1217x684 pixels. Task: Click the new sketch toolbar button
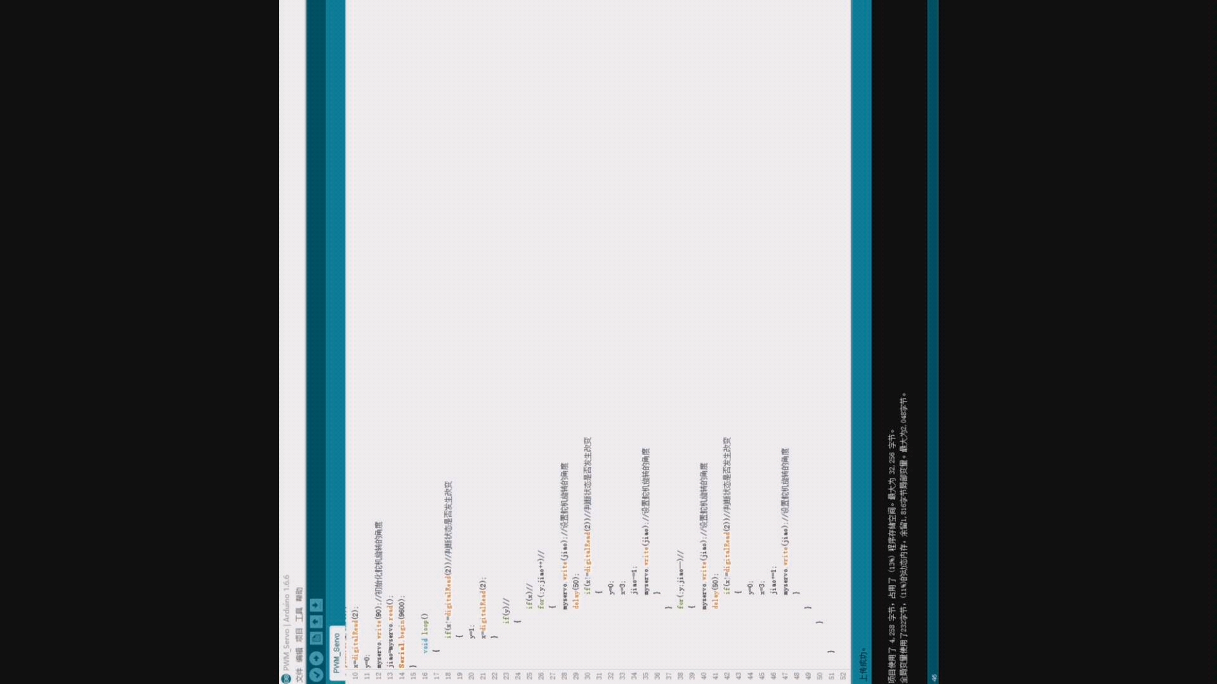[316, 638]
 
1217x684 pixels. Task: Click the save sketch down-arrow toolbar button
[316, 605]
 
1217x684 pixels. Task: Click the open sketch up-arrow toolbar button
[316, 621]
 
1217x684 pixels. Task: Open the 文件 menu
[299, 674]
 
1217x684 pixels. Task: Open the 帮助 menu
[299, 595]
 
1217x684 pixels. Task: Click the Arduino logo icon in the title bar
[286, 678]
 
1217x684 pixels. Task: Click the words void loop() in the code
[424, 633]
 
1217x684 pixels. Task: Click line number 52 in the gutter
[843, 676]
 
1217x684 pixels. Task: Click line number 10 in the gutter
[355, 676]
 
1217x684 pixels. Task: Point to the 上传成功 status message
[862, 664]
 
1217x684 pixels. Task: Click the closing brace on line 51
[831, 652]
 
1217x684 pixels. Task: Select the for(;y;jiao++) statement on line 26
[541, 584]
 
